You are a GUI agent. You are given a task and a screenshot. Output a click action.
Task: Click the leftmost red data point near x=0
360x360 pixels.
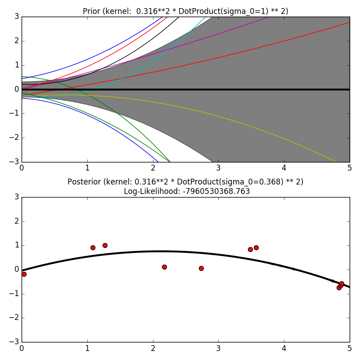pyautogui.click(x=24, y=274)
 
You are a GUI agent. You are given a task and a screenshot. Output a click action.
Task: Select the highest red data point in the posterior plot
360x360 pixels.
pyautogui.click(x=105, y=245)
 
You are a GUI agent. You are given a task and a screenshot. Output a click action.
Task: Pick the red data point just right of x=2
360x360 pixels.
pyautogui.click(x=164, y=267)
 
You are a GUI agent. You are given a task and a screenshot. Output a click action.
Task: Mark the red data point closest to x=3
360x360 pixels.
pyautogui.click(x=201, y=268)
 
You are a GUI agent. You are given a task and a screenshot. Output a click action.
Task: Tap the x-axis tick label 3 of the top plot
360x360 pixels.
pyautogui.click(x=218, y=168)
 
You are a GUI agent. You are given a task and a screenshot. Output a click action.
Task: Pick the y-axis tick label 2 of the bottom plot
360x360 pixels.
pyautogui.click(x=16, y=221)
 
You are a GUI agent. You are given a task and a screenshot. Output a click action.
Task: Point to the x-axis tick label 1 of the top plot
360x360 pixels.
pyautogui.click(x=87, y=168)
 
